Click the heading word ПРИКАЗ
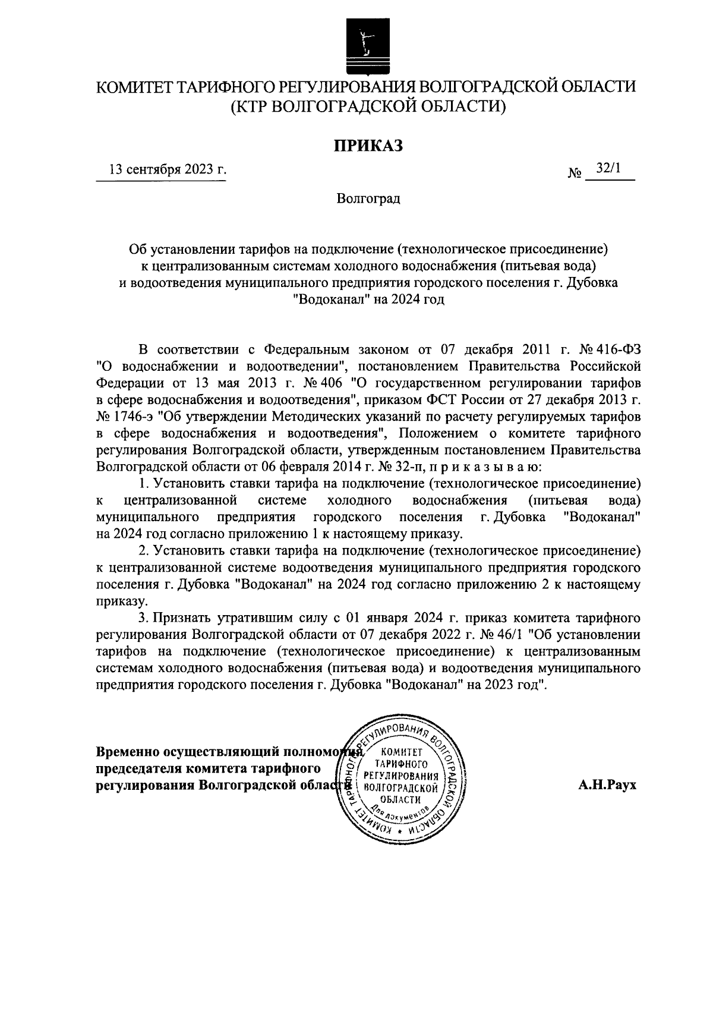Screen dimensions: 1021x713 click(x=368, y=144)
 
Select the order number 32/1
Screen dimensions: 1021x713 click(x=608, y=169)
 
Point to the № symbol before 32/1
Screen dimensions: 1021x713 click(x=575, y=174)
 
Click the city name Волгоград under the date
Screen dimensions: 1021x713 click(x=368, y=198)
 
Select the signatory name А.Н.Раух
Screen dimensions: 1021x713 click(x=607, y=784)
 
